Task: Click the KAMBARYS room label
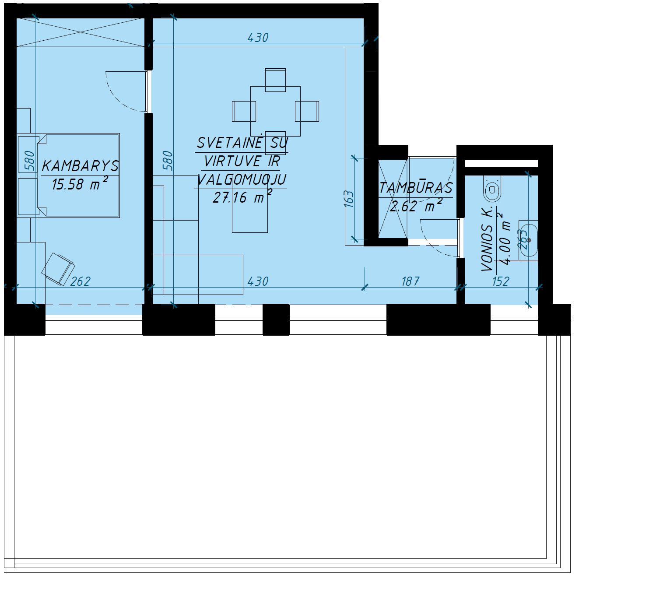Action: click(x=80, y=166)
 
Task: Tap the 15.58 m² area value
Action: click(x=80, y=183)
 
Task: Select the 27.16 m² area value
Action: click(x=242, y=197)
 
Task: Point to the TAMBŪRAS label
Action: click(x=416, y=188)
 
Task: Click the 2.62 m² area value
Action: click(x=416, y=206)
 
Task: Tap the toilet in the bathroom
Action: click(x=492, y=189)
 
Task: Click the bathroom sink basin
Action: click(x=528, y=240)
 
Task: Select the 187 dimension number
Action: click(x=410, y=281)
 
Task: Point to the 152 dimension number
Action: click(x=501, y=281)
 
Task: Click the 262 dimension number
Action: click(x=80, y=281)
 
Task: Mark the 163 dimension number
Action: click(x=349, y=199)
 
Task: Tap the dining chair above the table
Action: click(x=275, y=80)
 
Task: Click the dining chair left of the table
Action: click(x=244, y=111)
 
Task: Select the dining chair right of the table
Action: click(x=307, y=111)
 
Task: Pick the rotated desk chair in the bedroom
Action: click(x=58, y=269)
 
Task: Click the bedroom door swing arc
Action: click(x=116, y=97)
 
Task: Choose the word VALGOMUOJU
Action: click(x=242, y=179)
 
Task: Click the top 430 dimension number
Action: click(x=258, y=38)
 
